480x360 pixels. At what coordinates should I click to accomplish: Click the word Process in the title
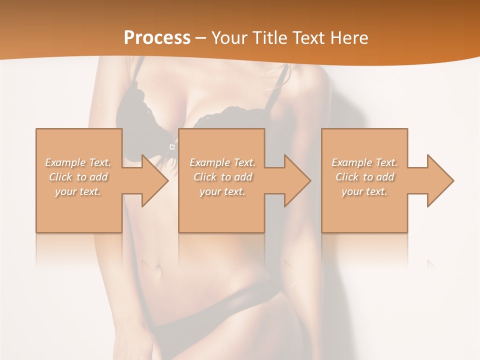[x=157, y=37]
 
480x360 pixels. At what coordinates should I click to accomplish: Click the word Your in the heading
[x=230, y=37]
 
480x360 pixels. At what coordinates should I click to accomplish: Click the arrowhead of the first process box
[x=153, y=180]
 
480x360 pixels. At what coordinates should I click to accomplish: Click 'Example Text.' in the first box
[x=78, y=162]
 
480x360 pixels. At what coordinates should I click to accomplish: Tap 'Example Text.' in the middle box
[x=222, y=162]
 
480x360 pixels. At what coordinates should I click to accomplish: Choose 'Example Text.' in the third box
[x=364, y=162]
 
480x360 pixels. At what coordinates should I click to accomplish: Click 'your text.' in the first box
[x=78, y=191]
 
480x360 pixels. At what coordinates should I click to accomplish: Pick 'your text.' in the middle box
[x=222, y=191]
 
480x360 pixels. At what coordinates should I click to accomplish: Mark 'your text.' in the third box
[x=364, y=191]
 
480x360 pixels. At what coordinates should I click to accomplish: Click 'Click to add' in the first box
[x=78, y=177]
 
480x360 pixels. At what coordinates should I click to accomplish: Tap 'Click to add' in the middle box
[x=222, y=177]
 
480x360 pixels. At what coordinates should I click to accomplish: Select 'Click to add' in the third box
[x=364, y=177]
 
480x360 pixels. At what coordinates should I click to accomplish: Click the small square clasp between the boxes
[x=172, y=146]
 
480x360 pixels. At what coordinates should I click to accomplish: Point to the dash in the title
[x=200, y=38]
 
